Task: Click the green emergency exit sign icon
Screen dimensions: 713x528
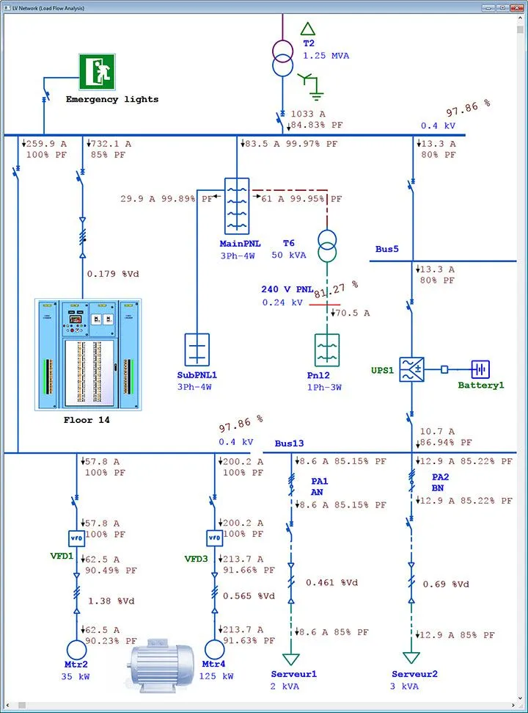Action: coord(97,72)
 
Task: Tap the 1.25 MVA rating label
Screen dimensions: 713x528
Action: coord(326,56)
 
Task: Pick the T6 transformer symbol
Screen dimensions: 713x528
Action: coord(327,246)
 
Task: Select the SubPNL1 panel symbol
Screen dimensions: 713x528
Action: coord(197,349)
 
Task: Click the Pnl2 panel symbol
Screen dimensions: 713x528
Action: coord(327,350)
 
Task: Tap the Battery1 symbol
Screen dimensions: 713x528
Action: coord(480,369)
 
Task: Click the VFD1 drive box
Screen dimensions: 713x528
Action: coord(77,538)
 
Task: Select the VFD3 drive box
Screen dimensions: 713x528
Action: coord(214,538)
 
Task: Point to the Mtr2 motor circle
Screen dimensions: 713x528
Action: coord(77,650)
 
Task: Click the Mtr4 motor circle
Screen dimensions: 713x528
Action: coord(214,650)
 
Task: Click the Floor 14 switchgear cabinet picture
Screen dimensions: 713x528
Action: coord(88,354)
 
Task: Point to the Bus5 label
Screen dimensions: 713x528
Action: coord(386,250)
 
